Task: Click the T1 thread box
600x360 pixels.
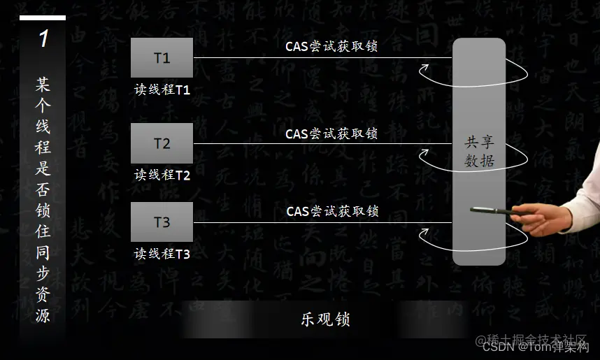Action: (x=162, y=57)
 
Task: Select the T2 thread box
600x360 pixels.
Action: (x=162, y=143)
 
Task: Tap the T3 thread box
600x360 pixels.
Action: (x=162, y=222)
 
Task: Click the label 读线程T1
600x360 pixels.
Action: (x=162, y=90)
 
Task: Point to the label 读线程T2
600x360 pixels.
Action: (x=162, y=175)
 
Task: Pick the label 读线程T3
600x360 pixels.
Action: (x=162, y=254)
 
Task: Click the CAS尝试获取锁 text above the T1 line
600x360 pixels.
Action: (x=331, y=47)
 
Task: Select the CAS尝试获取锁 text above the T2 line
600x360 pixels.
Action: (x=331, y=133)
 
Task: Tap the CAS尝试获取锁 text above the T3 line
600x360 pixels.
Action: (x=332, y=210)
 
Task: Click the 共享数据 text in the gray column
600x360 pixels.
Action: (x=480, y=152)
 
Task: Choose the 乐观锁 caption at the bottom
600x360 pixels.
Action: (x=325, y=319)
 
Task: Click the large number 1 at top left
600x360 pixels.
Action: (x=43, y=38)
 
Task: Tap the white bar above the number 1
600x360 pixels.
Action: (x=43, y=18)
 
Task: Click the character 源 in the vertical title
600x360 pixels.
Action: (x=43, y=315)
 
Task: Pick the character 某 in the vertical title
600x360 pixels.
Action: (x=43, y=85)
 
